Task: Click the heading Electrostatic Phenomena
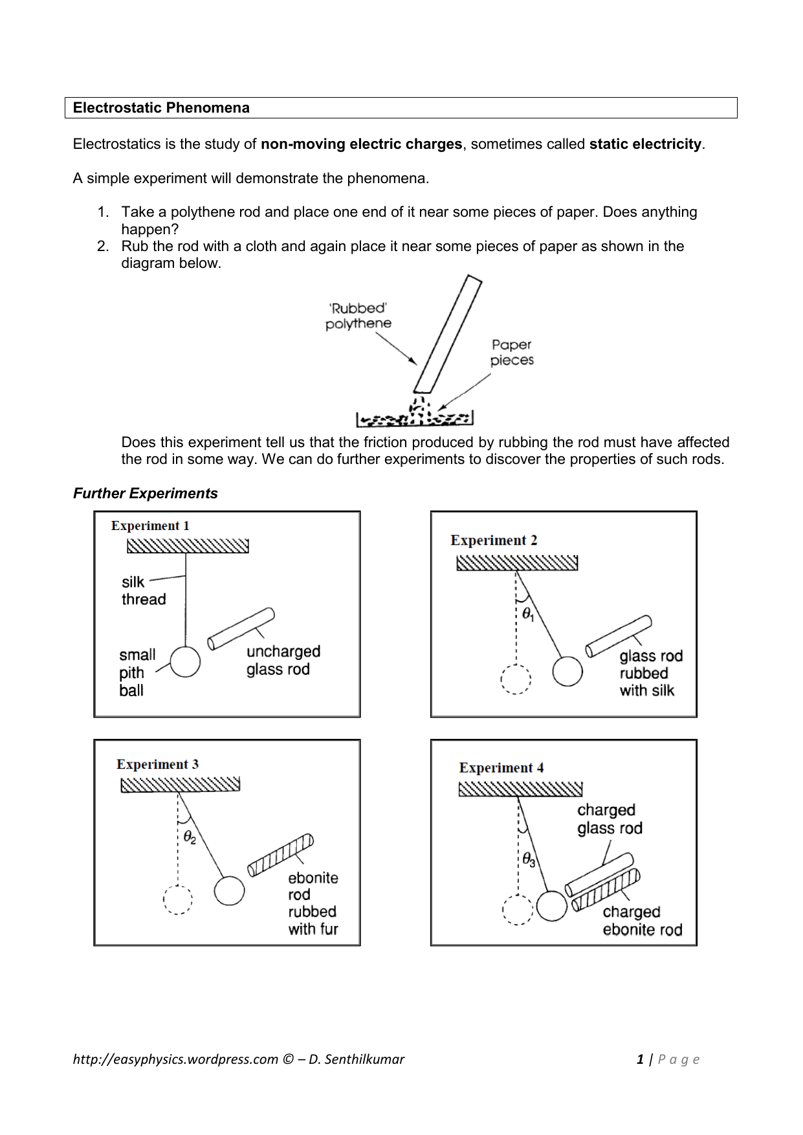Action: [x=161, y=108]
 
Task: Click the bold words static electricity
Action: [x=645, y=144]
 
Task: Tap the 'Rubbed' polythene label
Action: [x=358, y=316]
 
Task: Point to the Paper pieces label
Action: [x=511, y=353]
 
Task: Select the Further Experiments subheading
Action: [x=145, y=494]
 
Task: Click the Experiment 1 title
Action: [x=150, y=526]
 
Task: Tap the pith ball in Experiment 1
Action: [x=185, y=662]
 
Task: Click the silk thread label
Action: [x=143, y=591]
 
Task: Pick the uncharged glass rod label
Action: [x=283, y=661]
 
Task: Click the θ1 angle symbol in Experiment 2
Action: [x=528, y=614]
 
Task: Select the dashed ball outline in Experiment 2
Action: [x=516, y=679]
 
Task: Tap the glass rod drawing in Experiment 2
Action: [x=618, y=636]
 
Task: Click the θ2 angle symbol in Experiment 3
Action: [x=189, y=838]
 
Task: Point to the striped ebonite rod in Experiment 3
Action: [x=280, y=855]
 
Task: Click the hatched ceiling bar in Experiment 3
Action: [x=180, y=785]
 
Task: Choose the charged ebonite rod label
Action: [x=641, y=921]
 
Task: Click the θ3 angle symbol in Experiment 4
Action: [x=529, y=860]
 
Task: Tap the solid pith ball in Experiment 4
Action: [x=551, y=906]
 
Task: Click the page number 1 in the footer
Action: [x=640, y=1059]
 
